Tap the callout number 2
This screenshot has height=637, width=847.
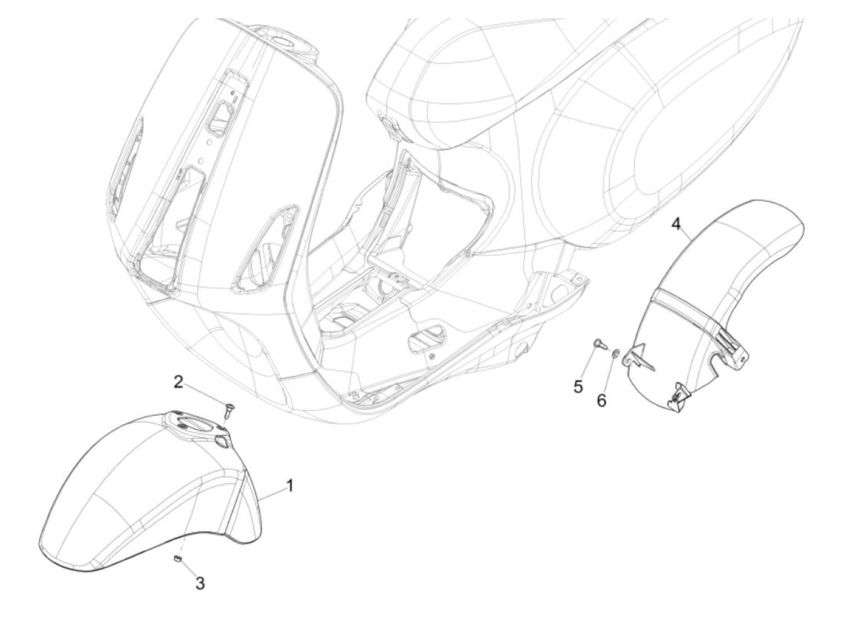pos(178,382)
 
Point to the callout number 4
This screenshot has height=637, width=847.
pos(676,225)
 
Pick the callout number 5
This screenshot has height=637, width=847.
pos(578,386)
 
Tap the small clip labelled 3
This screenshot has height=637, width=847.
pos(178,558)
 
